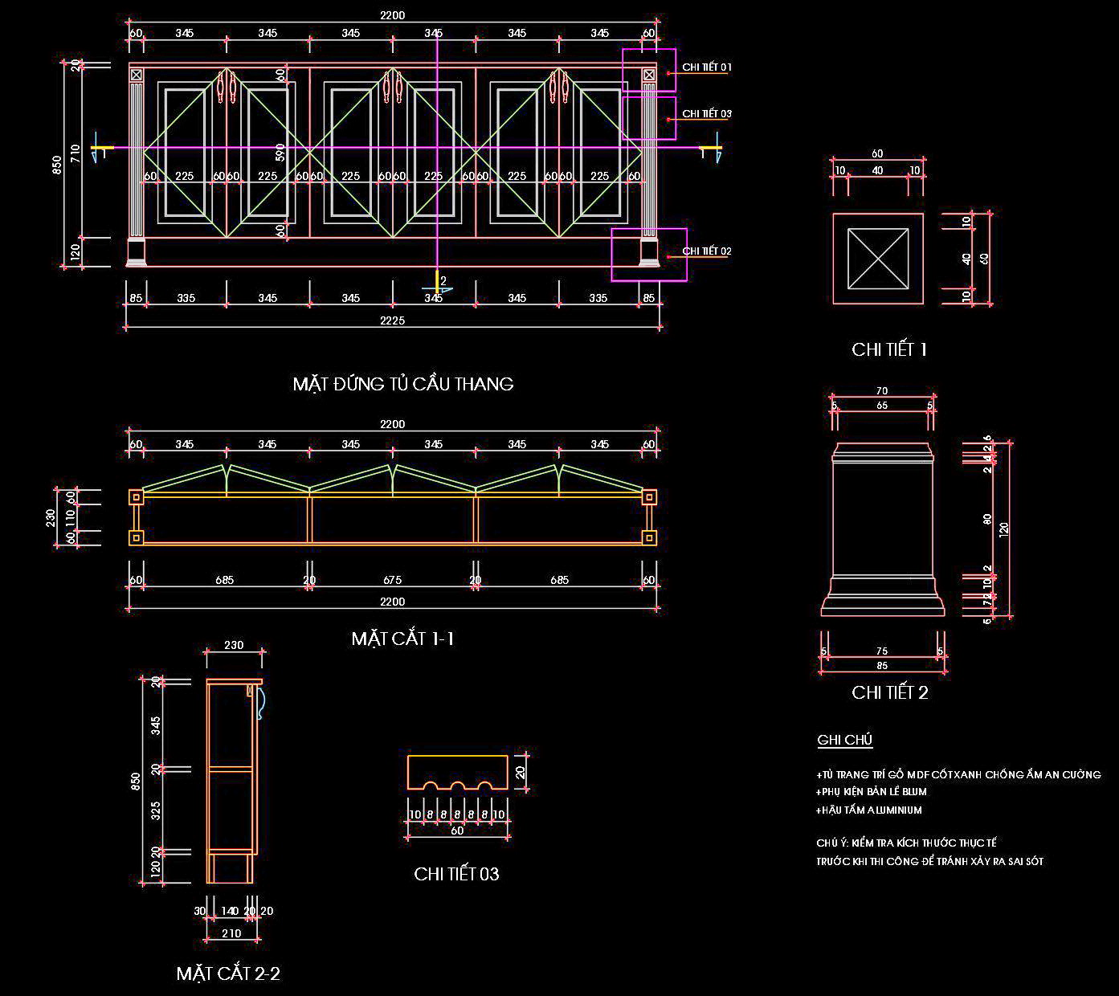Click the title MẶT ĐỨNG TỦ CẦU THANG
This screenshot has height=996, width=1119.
[x=403, y=384]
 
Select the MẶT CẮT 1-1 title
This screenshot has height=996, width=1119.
[x=403, y=639]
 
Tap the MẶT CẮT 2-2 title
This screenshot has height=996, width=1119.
[x=228, y=974]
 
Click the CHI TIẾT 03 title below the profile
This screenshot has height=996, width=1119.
[x=456, y=874]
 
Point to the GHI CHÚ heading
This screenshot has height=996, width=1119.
[x=845, y=740]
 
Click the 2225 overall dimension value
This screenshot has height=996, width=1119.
[x=392, y=320]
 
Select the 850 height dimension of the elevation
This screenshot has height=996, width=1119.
[x=57, y=165]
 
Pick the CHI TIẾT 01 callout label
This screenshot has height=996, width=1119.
[x=707, y=67]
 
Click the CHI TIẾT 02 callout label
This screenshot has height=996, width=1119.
[x=707, y=251]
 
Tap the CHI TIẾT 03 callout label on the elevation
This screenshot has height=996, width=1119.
[x=707, y=114]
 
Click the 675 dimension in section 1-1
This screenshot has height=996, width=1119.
[x=393, y=580]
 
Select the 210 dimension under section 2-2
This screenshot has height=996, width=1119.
[x=231, y=933]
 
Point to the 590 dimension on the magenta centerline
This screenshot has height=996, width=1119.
[x=280, y=153]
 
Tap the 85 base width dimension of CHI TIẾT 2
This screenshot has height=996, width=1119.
[x=882, y=666]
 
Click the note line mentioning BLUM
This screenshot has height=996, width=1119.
[x=872, y=792]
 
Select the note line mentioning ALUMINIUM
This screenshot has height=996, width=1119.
[x=869, y=810]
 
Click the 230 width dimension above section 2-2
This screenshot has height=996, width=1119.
[x=234, y=645]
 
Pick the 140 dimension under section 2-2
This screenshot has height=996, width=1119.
[x=230, y=911]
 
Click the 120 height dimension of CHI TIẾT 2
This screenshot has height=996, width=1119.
[x=1003, y=528]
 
